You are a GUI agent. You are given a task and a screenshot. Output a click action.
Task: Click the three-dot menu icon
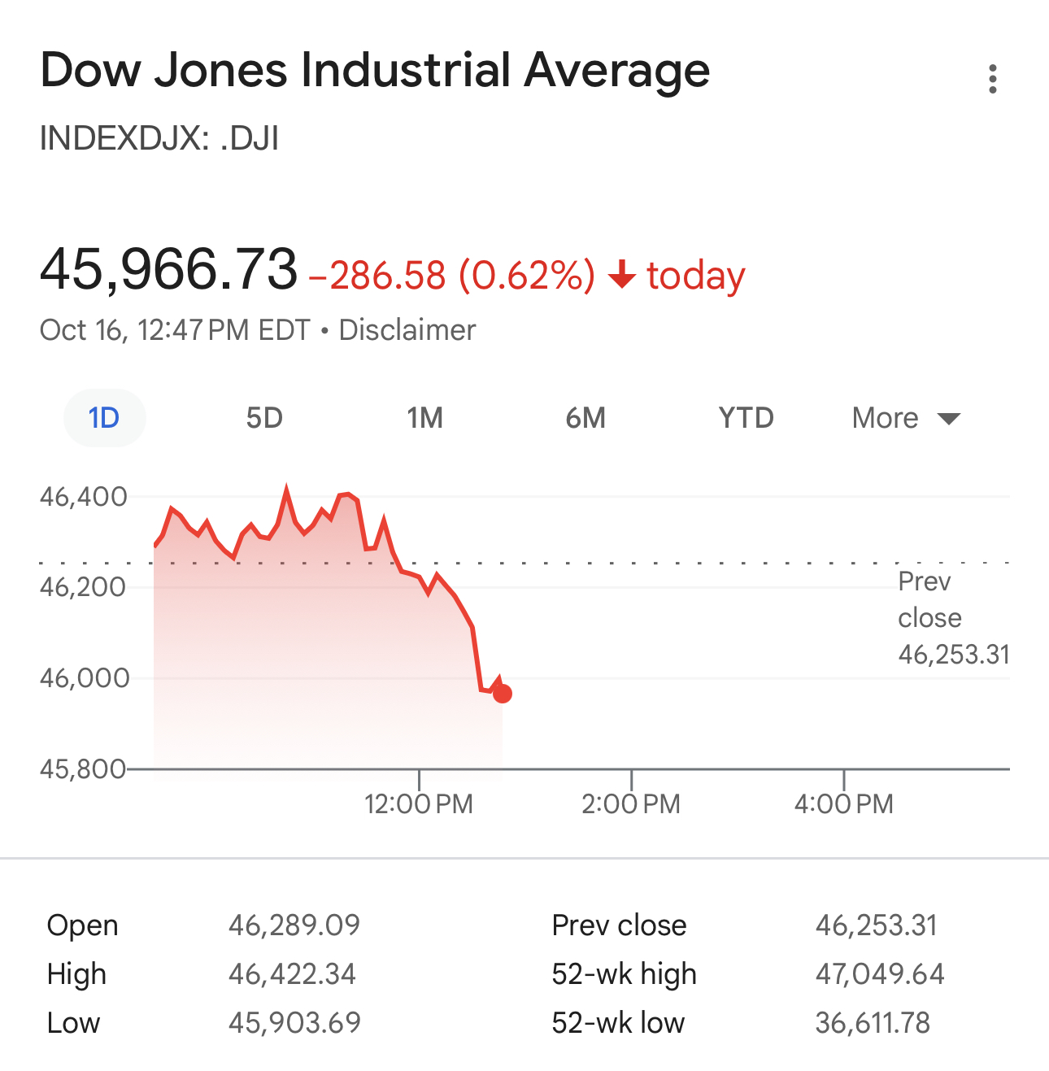(x=992, y=79)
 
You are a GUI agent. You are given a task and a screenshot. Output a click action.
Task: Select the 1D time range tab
(x=104, y=418)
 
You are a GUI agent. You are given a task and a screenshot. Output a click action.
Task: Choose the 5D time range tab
(x=264, y=418)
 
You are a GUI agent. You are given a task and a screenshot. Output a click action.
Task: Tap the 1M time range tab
(x=424, y=418)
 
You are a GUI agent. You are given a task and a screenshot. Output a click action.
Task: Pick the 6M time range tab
(x=585, y=418)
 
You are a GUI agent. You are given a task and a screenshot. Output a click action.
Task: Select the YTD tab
(x=746, y=418)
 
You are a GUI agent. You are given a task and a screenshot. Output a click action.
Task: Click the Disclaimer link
(x=407, y=330)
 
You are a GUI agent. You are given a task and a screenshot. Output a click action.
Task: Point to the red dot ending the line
(x=503, y=694)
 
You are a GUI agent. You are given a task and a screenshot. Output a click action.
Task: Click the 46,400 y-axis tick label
(x=83, y=496)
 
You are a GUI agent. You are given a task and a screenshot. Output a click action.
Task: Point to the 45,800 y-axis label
(x=83, y=768)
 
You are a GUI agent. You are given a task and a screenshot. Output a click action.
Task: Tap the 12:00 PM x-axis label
(x=418, y=804)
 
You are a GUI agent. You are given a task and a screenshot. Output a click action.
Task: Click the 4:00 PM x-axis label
(x=843, y=804)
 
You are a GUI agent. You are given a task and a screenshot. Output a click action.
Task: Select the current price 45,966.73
(x=169, y=269)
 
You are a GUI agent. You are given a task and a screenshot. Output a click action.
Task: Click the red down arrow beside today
(x=621, y=275)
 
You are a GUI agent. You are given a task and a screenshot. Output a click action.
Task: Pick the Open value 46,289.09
(x=294, y=925)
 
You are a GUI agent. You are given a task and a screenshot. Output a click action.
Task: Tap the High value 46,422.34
(x=292, y=974)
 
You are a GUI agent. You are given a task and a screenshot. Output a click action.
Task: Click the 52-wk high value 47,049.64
(x=880, y=974)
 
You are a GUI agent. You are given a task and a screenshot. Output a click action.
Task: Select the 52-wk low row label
(x=618, y=1023)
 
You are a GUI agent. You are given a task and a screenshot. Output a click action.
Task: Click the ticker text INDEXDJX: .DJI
(x=159, y=138)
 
